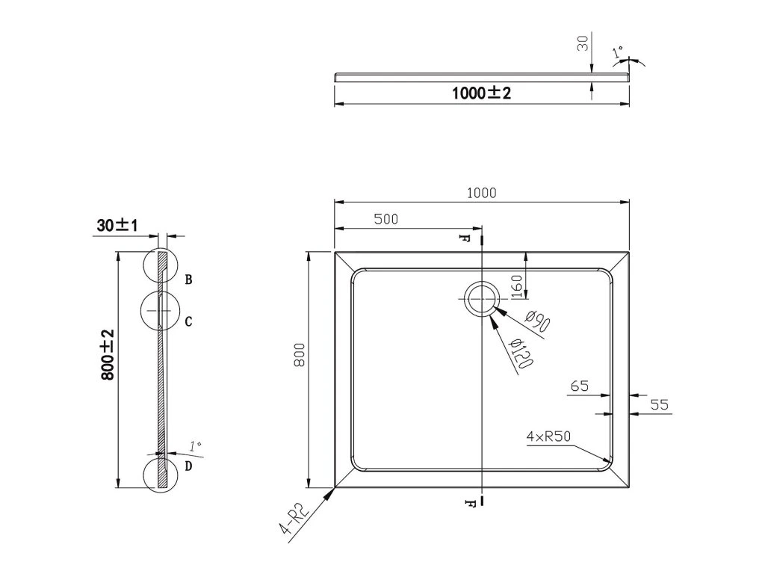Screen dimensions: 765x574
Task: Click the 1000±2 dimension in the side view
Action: [x=481, y=93]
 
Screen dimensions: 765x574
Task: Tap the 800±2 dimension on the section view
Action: [x=108, y=355]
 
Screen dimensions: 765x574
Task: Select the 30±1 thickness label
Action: [x=117, y=226]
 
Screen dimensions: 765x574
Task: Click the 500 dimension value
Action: [x=386, y=219]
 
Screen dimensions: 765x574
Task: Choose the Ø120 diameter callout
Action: [x=520, y=354]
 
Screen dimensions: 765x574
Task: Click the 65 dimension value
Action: [x=579, y=386]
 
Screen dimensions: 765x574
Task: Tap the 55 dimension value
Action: [x=659, y=404]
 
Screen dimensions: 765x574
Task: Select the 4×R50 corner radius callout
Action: [x=548, y=436]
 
